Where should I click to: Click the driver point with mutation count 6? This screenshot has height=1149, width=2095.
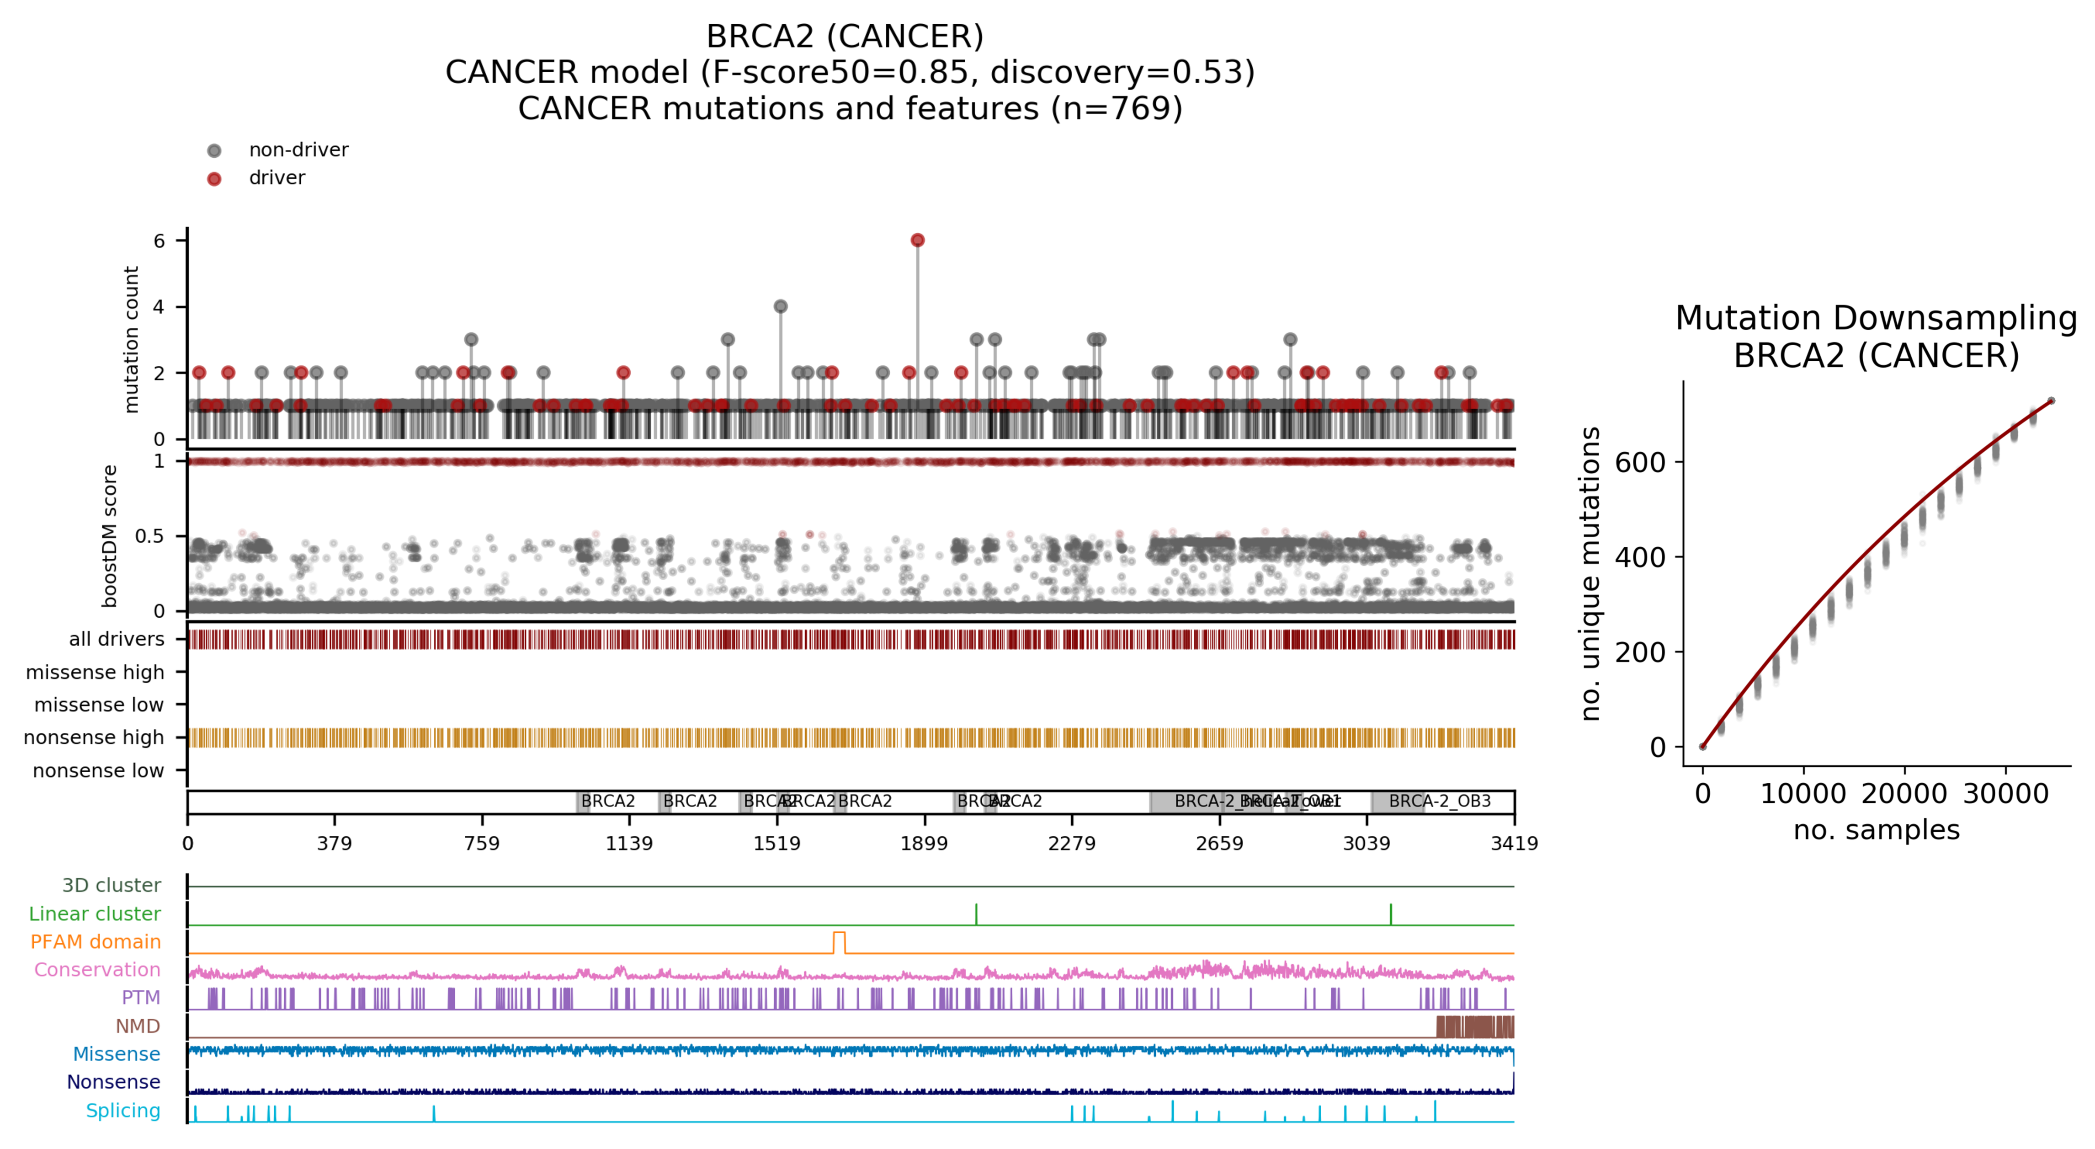(917, 240)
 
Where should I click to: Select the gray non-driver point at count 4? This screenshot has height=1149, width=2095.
(781, 307)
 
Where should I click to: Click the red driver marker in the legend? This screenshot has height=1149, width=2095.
(214, 179)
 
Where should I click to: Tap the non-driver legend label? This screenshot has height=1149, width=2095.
(298, 150)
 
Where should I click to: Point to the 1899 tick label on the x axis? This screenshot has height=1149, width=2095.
(924, 844)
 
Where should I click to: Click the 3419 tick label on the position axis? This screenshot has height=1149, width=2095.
(1514, 844)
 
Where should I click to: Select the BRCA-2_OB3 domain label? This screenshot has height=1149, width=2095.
(1440, 802)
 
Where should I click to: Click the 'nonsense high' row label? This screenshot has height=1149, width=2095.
(94, 738)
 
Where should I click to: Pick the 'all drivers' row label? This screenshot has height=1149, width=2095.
(116, 640)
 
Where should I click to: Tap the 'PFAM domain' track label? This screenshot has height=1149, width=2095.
(95, 942)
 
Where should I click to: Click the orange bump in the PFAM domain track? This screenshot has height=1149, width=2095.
(839, 941)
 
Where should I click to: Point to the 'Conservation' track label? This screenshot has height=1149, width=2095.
(97, 970)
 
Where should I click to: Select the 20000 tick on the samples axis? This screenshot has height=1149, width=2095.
(1904, 794)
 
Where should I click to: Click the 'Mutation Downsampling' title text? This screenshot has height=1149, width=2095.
(1876, 318)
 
